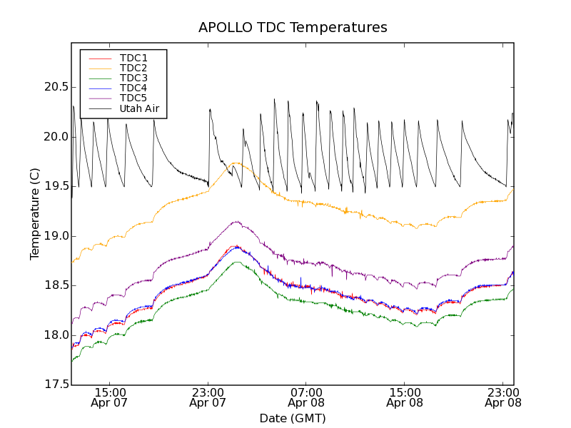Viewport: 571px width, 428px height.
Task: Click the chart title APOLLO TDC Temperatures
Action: (x=293, y=28)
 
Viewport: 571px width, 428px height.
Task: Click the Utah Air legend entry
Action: (x=138, y=108)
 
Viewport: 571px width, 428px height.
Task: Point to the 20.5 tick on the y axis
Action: (x=54, y=87)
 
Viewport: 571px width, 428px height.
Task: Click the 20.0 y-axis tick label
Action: (x=54, y=137)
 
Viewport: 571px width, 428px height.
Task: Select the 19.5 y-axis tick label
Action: (x=54, y=186)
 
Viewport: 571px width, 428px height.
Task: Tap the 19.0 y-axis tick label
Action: (x=54, y=236)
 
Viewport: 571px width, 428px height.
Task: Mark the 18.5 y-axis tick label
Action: (x=54, y=285)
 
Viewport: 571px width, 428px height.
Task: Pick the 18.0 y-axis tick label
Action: (x=54, y=335)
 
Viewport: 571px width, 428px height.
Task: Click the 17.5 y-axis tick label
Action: (x=54, y=385)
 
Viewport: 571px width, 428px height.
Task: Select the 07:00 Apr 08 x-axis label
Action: (x=306, y=397)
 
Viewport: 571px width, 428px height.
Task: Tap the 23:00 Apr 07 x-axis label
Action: (x=208, y=397)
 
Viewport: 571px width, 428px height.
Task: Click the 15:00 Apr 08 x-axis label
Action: (x=405, y=397)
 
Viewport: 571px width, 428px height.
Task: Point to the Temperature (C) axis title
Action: (x=34, y=214)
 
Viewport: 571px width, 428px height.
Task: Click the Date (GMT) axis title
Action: (x=293, y=418)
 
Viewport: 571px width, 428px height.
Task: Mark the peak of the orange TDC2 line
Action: (x=235, y=163)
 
